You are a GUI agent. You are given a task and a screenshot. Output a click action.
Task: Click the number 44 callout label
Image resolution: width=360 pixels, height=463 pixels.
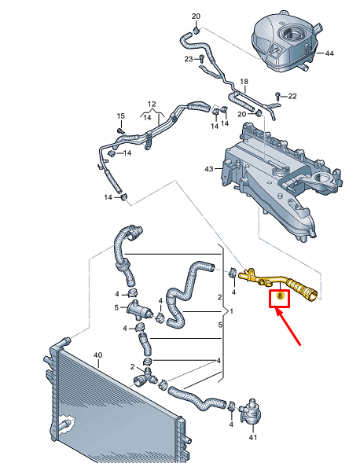pyautogui.click(x=329, y=53)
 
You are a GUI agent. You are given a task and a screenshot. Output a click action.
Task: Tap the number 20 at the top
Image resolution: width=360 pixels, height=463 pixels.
pyautogui.click(x=196, y=16)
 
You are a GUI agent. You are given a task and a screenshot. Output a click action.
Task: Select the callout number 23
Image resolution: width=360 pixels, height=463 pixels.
pyautogui.click(x=189, y=59)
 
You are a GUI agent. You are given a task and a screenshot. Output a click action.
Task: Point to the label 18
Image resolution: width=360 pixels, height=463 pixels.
pyautogui.click(x=244, y=82)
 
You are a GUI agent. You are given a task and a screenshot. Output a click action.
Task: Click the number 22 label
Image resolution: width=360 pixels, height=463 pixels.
pyautogui.click(x=292, y=96)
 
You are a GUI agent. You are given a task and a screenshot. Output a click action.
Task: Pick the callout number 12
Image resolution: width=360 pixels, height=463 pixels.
pyautogui.click(x=152, y=104)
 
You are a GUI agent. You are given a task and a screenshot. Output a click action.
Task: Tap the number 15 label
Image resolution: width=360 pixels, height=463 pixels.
pyautogui.click(x=120, y=117)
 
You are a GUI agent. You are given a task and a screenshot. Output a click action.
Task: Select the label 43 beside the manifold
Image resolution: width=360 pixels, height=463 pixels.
pyautogui.click(x=209, y=169)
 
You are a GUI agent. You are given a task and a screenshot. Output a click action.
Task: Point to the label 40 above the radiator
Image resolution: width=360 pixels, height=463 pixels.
pyautogui.click(x=97, y=355)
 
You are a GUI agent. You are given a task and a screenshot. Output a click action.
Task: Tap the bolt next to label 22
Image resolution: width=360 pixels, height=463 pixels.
pyautogui.click(x=278, y=96)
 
